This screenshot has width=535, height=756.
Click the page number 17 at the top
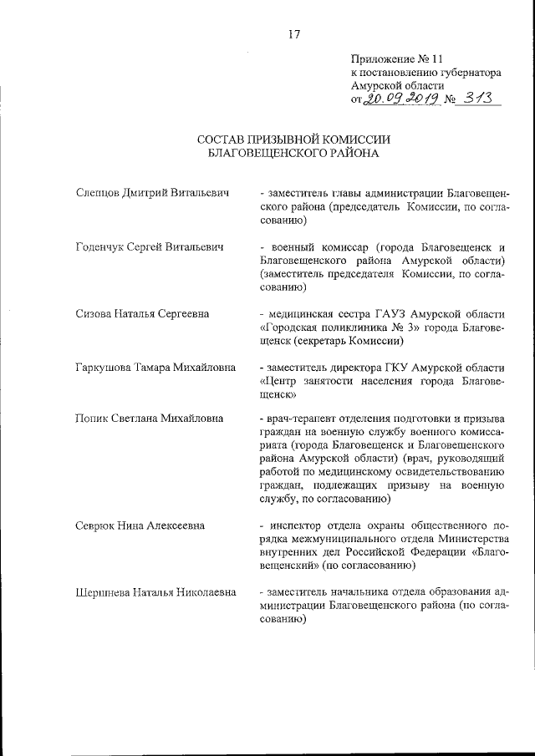click(x=293, y=34)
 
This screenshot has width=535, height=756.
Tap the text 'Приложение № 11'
click(x=395, y=59)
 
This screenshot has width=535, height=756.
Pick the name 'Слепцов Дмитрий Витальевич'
click(x=151, y=193)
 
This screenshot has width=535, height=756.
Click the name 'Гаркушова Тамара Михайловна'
click(x=155, y=368)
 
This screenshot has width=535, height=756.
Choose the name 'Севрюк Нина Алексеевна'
click(x=140, y=526)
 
